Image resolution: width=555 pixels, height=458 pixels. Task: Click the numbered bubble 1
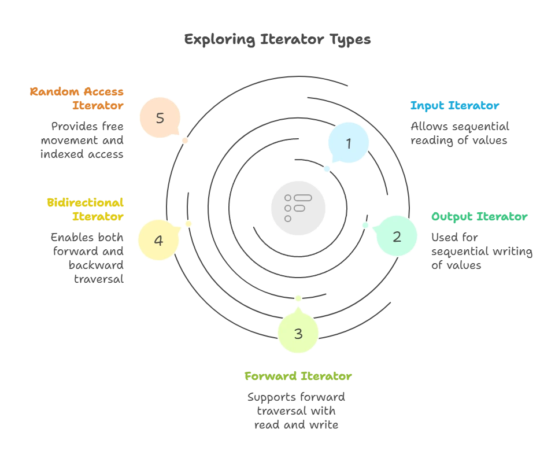click(348, 143)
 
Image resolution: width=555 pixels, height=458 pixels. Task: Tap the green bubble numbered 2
click(397, 236)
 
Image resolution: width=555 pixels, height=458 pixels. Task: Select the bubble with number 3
click(298, 333)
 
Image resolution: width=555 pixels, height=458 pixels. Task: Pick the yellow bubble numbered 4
click(158, 239)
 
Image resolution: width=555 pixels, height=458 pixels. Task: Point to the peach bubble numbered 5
click(160, 117)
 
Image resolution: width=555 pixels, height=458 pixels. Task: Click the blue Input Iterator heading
click(454, 106)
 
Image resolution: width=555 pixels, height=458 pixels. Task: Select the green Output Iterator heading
click(479, 217)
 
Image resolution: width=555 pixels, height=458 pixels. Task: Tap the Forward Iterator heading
click(298, 376)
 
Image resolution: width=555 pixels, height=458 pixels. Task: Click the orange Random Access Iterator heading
click(76, 98)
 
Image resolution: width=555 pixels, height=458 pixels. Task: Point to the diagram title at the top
click(277, 40)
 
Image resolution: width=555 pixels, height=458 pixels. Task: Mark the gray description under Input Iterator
click(460, 134)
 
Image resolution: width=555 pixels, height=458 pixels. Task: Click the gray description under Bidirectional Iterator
click(87, 258)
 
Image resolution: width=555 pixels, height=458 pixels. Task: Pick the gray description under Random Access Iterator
click(81, 141)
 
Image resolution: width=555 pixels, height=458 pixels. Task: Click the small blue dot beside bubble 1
click(327, 169)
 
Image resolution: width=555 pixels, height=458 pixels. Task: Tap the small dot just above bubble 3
click(298, 298)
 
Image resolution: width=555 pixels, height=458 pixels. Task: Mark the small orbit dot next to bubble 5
click(185, 141)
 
